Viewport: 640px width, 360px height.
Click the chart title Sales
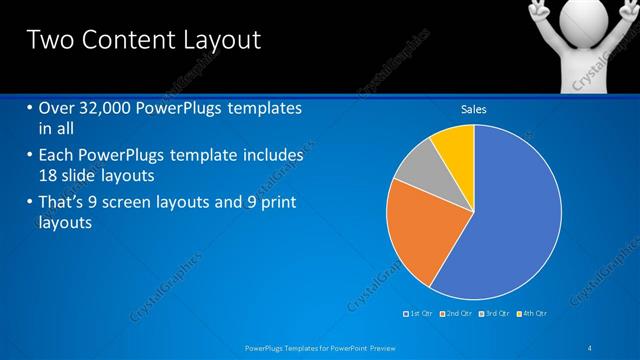coord(473,109)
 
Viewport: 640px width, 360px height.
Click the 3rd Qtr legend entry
coord(494,313)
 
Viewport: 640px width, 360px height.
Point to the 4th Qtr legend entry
coord(533,313)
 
